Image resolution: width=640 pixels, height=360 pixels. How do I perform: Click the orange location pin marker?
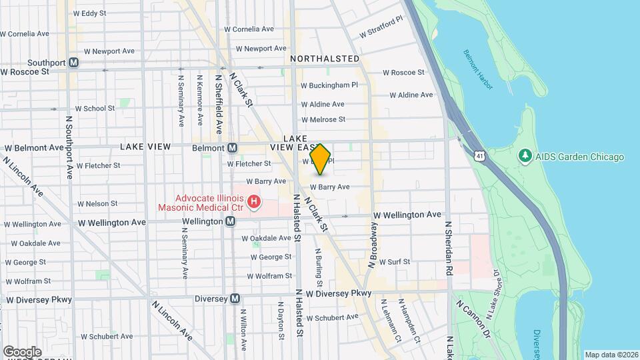pos(321,159)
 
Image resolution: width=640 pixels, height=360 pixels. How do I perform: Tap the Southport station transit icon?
pos(74,63)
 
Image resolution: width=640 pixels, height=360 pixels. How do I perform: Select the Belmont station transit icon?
pos(232,148)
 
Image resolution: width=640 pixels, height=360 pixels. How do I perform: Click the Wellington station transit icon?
pos(230,221)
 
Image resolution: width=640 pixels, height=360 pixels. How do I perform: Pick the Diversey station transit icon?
pos(235,299)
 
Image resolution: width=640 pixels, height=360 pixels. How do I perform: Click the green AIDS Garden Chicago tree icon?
pos(525,156)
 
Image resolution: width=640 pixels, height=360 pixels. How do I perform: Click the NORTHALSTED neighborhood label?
pos(325,59)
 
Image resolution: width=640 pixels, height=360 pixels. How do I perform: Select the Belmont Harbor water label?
pos(478,70)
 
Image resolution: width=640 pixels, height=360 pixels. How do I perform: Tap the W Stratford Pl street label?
pos(381,29)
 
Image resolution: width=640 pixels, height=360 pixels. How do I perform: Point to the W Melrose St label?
pos(323,120)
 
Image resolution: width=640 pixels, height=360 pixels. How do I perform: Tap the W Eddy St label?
pos(89,13)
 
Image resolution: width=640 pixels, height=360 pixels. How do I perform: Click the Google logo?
pos(21,351)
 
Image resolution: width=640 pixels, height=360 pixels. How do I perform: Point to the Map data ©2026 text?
pos(611,354)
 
